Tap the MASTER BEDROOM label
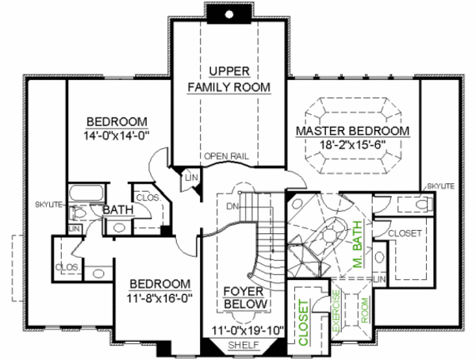pyautogui.click(x=352, y=131)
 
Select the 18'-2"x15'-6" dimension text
pyautogui.click(x=352, y=144)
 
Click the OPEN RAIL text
pyautogui.click(x=227, y=155)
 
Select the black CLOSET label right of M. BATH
pyautogui.click(x=405, y=232)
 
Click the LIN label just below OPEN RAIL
pyautogui.click(x=190, y=178)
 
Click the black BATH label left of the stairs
pyautogui.click(x=117, y=209)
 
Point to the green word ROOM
pyautogui.click(x=366, y=313)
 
